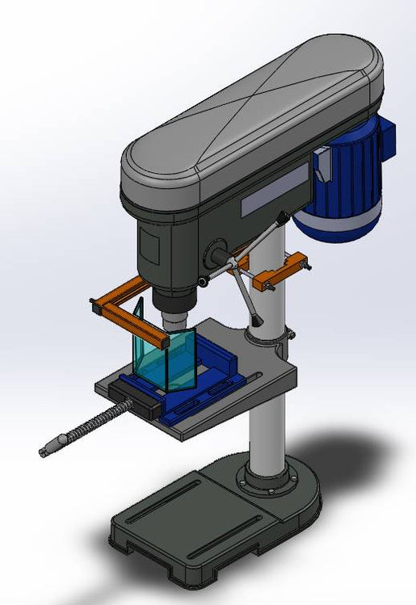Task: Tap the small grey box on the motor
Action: (x=323, y=163)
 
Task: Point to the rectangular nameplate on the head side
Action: (x=275, y=190)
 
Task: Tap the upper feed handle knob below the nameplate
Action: (x=280, y=216)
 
